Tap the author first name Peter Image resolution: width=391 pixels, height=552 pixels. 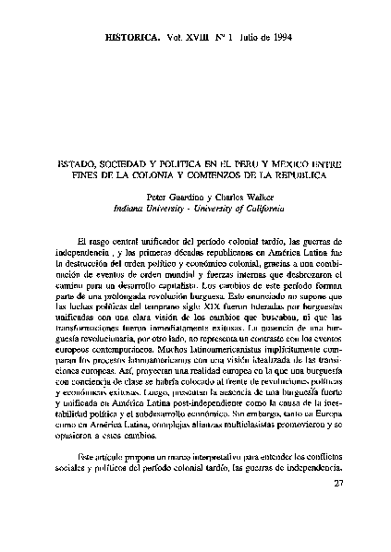(160, 197)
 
